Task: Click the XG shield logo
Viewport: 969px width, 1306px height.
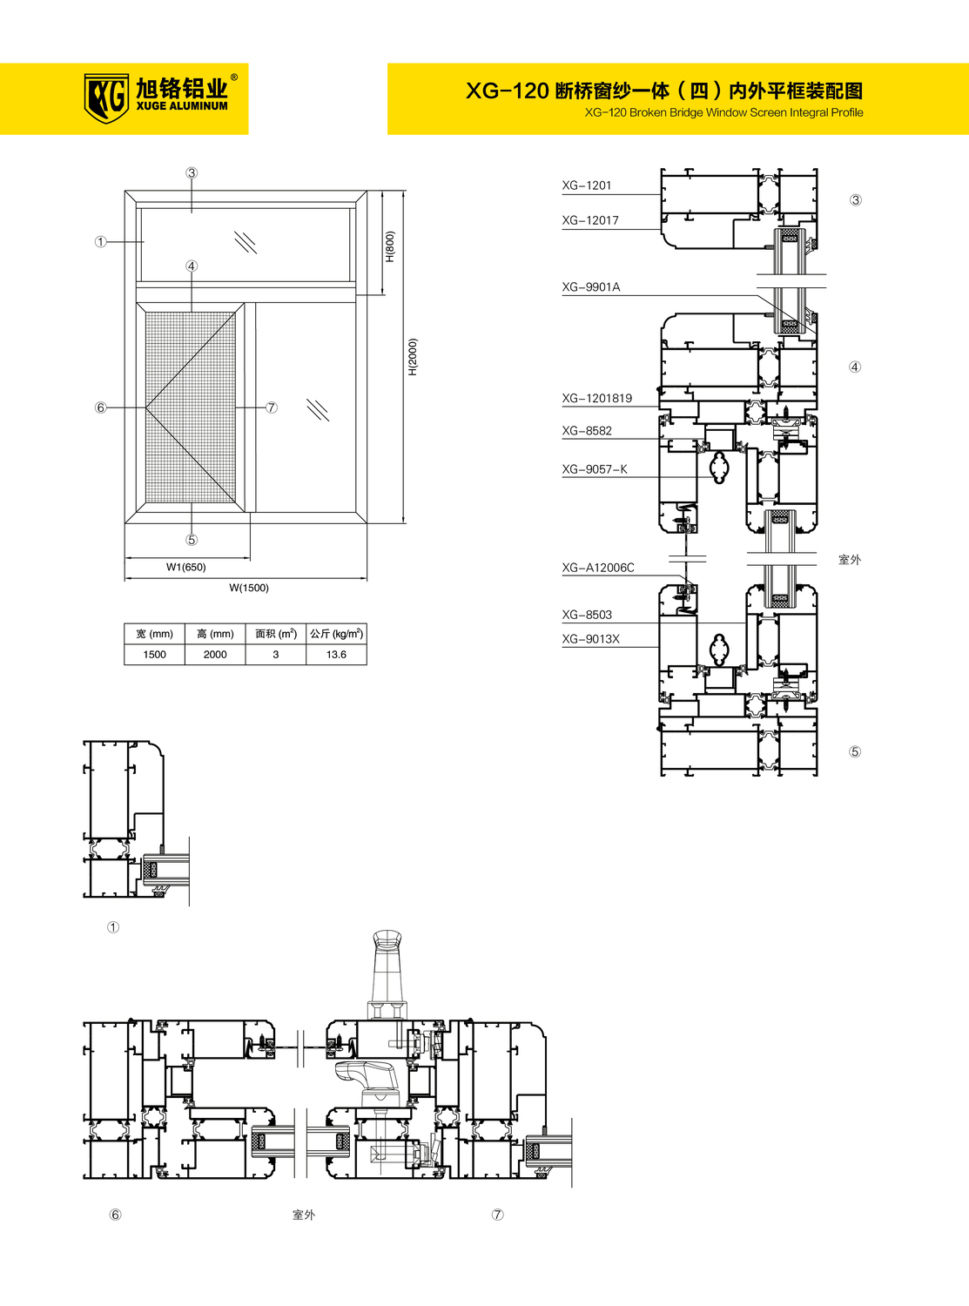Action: pos(106,98)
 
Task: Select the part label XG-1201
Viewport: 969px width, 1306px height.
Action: pos(587,185)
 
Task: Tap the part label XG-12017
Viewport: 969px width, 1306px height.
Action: pos(590,220)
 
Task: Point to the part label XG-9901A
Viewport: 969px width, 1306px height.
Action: pos(591,286)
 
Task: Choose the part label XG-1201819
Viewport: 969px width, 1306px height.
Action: pos(596,398)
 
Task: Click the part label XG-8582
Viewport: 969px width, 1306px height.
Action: pos(587,430)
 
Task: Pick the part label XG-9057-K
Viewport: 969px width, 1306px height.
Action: pos(595,468)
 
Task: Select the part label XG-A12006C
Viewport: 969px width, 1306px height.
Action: pos(598,568)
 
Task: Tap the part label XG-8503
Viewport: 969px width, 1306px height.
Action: pos(587,615)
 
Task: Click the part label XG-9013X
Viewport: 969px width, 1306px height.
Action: pos(591,639)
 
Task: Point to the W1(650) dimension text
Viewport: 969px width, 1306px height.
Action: pos(186,567)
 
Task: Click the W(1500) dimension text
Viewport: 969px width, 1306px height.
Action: pos(249,588)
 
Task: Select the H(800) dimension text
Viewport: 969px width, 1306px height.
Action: pos(390,246)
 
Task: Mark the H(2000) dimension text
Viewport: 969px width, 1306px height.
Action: pos(413,357)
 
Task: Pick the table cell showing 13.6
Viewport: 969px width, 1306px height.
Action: pos(336,654)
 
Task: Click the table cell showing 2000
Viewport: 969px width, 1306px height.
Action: pos(215,654)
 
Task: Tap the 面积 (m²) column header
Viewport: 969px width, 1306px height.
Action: pos(276,634)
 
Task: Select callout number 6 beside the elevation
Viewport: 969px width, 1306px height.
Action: pos(101,407)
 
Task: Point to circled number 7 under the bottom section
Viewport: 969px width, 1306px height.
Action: pos(498,1214)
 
